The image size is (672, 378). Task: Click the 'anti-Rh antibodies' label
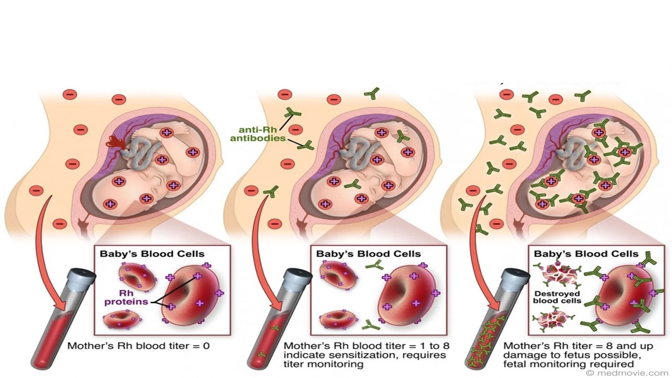[x=258, y=134]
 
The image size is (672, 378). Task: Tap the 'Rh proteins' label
[x=126, y=297]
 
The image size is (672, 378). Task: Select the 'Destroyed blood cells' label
[x=557, y=297]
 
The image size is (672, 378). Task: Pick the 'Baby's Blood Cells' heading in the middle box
[x=368, y=254]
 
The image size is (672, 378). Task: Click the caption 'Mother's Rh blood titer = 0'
[x=138, y=346]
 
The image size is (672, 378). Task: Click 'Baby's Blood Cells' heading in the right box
[x=586, y=254]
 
